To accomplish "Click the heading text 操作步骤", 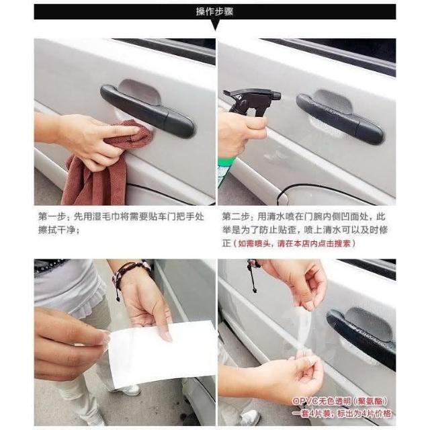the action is (215, 11).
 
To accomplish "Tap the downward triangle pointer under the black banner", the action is (216, 25).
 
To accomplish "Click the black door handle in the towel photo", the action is (148, 111).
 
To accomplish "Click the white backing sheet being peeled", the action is (162, 354).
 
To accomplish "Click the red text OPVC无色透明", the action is (321, 401).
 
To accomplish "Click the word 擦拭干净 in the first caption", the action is (56, 230).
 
